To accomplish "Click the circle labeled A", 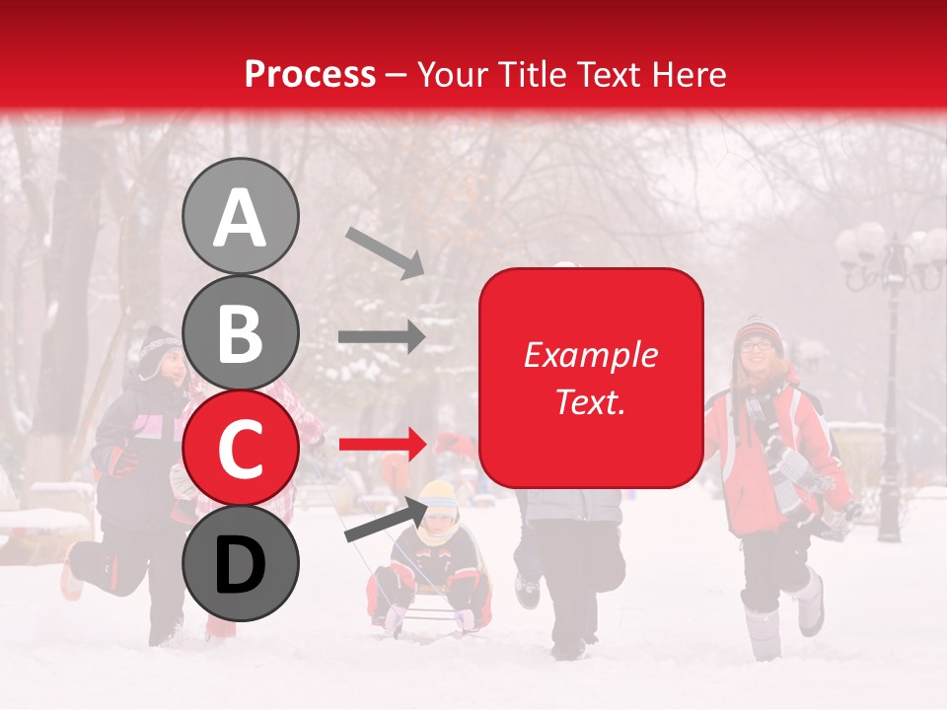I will [240, 216].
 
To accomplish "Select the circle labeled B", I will [240, 332].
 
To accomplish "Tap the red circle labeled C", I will [240, 448].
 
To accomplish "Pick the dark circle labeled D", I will [240, 563].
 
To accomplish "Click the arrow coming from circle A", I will [385, 251].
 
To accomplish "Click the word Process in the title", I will [310, 74].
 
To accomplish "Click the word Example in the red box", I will [590, 356].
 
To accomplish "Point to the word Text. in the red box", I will [590, 401].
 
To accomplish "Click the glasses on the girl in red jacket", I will [758, 345].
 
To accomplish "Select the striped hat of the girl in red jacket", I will [758, 328].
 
